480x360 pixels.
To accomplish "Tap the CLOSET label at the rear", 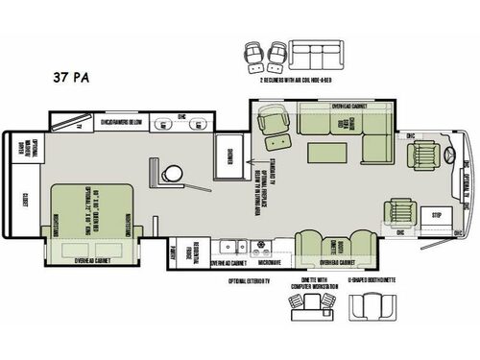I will pyautogui.click(x=24, y=199).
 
